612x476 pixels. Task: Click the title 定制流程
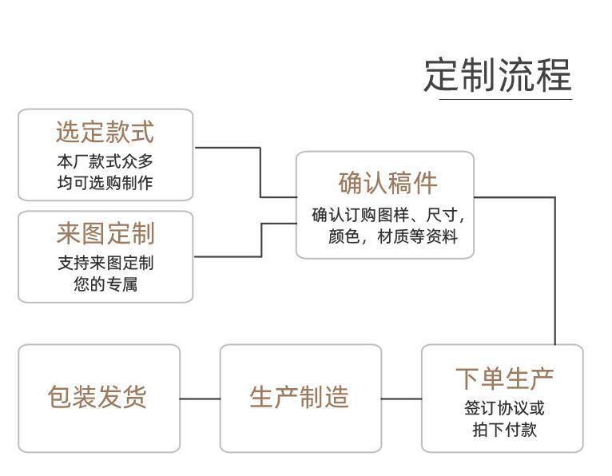tap(497, 75)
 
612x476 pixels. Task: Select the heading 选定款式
tap(105, 132)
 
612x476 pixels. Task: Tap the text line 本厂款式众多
tap(105, 161)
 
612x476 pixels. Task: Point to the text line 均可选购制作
tap(105, 183)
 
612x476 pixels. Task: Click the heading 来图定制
tap(105, 234)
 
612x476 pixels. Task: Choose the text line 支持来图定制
tap(105, 263)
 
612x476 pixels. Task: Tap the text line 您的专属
tap(105, 284)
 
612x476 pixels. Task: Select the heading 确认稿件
tap(387, 183)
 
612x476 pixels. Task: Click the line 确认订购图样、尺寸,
tap(387, 215)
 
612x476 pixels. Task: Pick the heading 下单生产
tap(504, 378)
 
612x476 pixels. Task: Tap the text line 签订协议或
tap(504, 408)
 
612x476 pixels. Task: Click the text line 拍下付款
tap(504, 430)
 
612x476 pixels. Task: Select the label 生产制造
tap(300, 398)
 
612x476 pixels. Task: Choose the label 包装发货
tap(98, 398)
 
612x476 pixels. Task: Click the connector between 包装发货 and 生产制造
tap(200, 398)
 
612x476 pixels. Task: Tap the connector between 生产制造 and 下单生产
tap(401, 398)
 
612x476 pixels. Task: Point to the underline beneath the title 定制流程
tap(505, 99)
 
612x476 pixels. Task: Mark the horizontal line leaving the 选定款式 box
tap(228, 148)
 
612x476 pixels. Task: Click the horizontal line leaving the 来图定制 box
tap(228, 256)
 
